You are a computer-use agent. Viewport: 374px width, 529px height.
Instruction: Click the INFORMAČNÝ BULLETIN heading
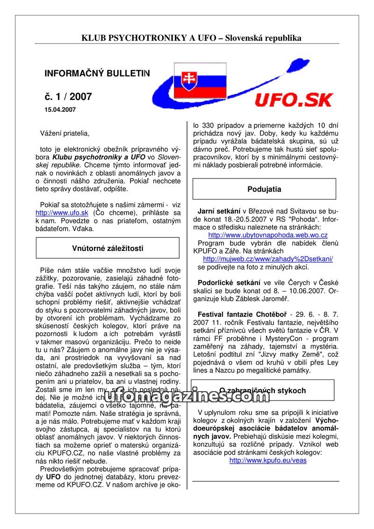pyautogui.click(x=97, y=73)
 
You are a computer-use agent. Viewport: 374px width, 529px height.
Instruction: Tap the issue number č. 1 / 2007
pyautogui.click(x=68, y=97)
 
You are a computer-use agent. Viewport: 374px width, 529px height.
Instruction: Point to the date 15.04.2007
pyautogui.click(x=60, y=110)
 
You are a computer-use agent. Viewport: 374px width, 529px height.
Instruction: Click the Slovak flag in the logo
pyautogui.click(x=200, y=81)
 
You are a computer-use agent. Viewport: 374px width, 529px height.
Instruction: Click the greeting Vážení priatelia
pyautogui.click(x=65, y=134)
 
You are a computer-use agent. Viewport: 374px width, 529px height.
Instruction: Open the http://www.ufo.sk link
pyautogui.click(x=62, y=213)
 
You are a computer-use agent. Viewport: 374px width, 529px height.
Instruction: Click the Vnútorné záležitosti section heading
pyautogui.click(x=108, y=248)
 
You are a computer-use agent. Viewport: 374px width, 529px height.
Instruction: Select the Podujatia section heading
pyautogui.click(x=264, y=189)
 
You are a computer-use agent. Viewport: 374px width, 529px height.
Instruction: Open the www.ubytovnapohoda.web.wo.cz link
pyautogui.click(x=268, y=235)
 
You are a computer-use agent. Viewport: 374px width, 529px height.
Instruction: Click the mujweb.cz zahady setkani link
pyautogui.click(x=268, y=259)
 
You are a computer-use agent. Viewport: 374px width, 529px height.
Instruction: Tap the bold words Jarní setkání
pyautogui.click(x=219, y=211)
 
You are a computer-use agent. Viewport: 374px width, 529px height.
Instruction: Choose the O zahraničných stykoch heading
pyautogui.click(x=262, y=390)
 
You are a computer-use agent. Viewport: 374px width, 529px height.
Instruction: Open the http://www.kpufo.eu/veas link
pyautogui.click(x=268, y=460)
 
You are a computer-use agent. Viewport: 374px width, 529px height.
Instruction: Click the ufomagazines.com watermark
pyautogui.click(x=187, y=396)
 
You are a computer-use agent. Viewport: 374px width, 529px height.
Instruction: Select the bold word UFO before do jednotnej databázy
pyautogui.click(x=53, y=477)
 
